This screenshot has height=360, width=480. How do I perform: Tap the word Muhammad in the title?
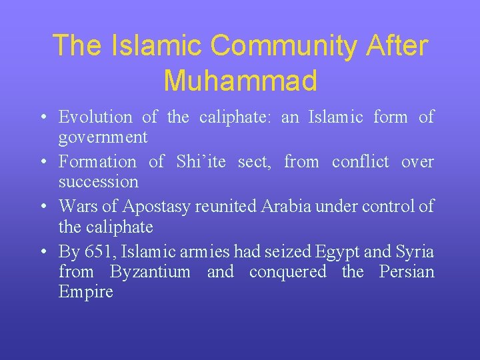(x=240, y=81)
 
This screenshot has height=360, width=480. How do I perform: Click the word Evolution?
(x=95, y=117)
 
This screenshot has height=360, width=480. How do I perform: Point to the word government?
(x=103, y=138)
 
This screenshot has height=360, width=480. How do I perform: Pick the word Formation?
(x=97, y=162)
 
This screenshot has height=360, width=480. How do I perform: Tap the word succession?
(x=99, y=181)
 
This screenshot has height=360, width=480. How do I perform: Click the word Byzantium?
(x=150, y=273)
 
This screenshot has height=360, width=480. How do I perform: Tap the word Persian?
(x=407, y=272)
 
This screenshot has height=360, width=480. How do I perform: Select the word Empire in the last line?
(x=86, y=293)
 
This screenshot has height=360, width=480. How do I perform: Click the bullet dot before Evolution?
(x=42, y=118)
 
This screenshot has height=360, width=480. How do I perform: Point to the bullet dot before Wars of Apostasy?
(x=42, y=207)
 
